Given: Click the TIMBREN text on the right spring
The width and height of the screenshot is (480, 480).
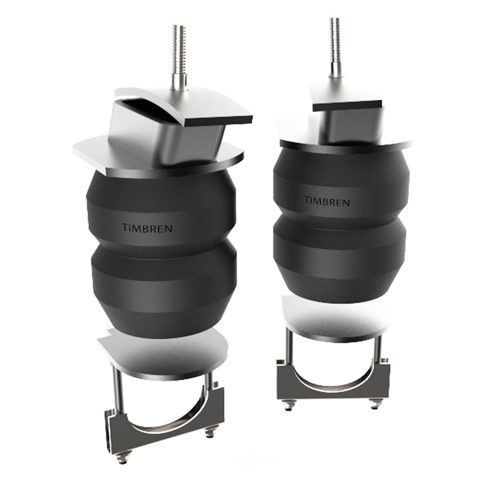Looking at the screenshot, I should point(327,201).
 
